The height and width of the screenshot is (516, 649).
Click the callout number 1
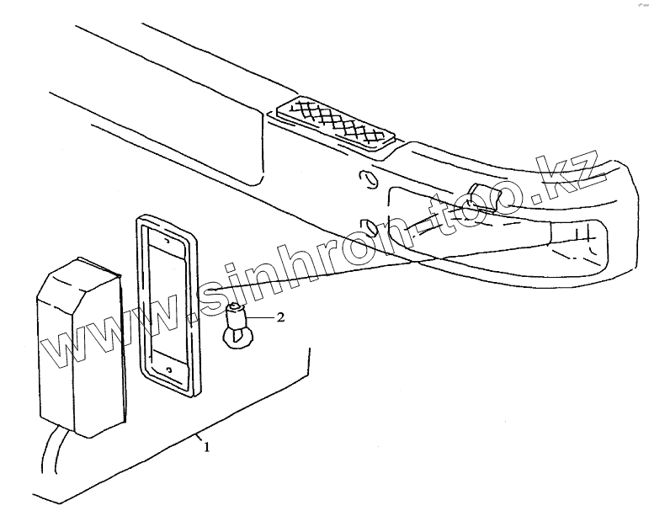click(x=206, y=447)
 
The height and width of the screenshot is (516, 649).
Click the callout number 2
click(x=281, y=317)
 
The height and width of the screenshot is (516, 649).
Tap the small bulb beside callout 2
click(x=237, y=327)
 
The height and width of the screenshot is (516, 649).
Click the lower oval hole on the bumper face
click(x=368, y=227)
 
